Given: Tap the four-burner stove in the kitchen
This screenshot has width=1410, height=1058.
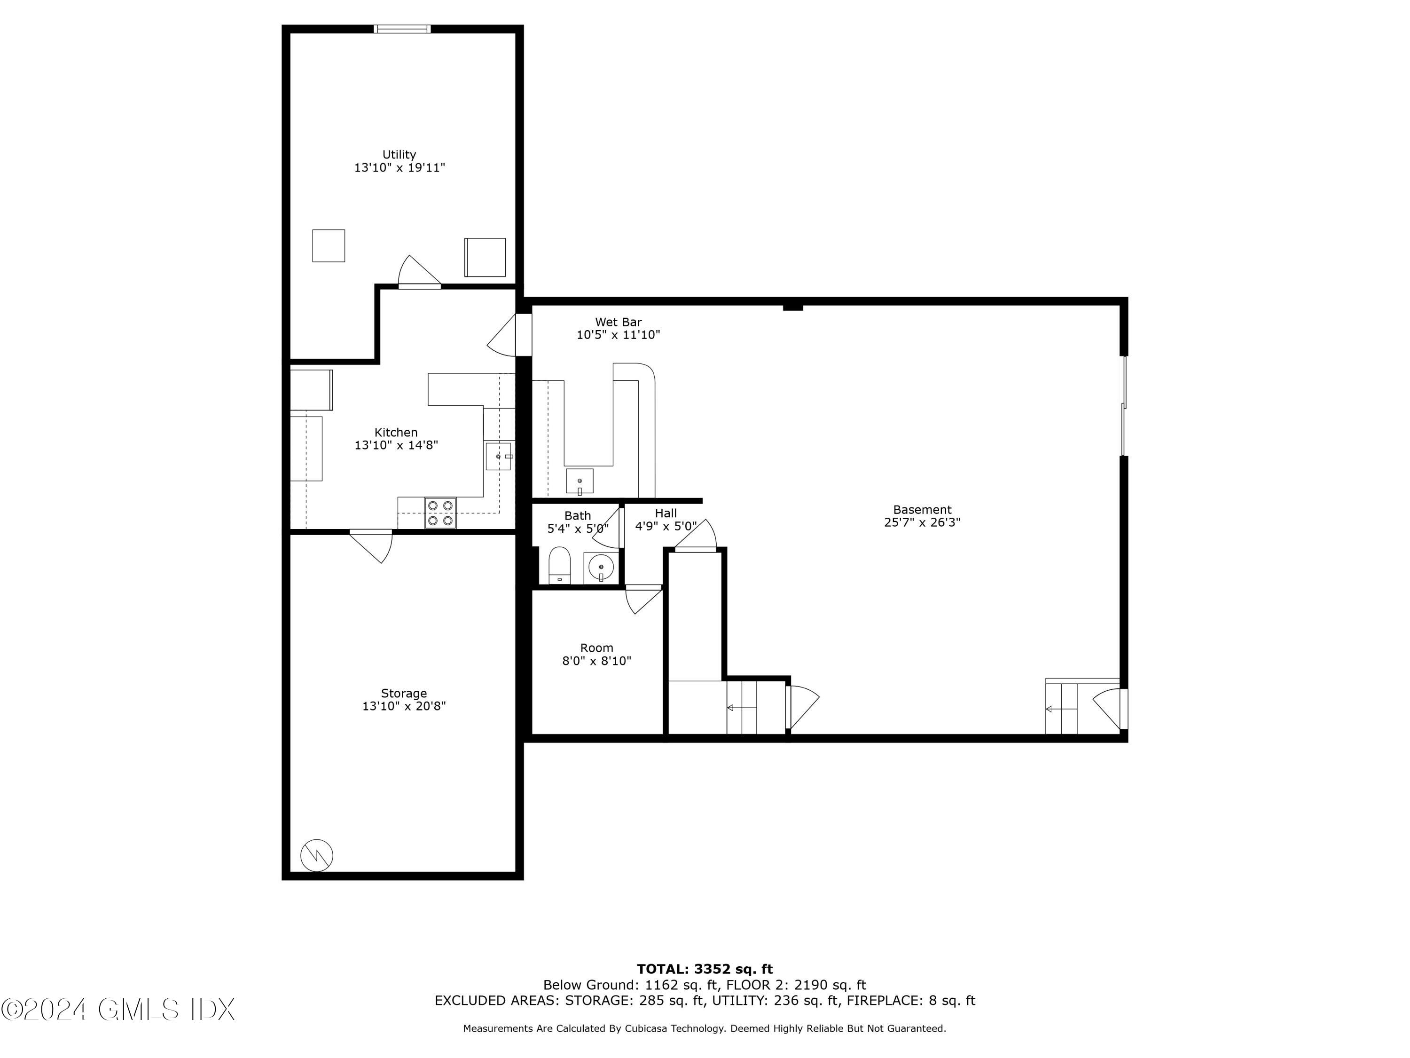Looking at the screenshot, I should [x=440, y=513].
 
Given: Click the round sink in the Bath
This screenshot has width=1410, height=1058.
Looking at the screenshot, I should [x=601, y=566].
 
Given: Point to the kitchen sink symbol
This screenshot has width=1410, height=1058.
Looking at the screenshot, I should [x=499, y=456].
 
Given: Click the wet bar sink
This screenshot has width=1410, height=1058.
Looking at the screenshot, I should [x=580, y=482].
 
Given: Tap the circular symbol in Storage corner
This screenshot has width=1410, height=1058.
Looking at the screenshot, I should [x=317, y=854].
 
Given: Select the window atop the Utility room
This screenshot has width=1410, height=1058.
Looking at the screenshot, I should [x=402, y=29].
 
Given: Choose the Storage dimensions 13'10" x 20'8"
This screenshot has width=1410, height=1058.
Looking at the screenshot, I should [x=404, y=706].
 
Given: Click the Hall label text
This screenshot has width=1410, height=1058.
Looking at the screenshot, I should [x=666, y=513].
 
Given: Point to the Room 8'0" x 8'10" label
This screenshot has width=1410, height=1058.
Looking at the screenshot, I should [x=596, y=655].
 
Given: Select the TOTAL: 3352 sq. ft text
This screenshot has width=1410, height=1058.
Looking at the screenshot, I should [x=705, y=969].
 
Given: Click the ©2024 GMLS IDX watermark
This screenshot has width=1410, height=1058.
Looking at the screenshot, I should [x=118, y=1010].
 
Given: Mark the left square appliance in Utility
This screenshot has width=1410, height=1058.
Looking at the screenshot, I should [x=328, y=245].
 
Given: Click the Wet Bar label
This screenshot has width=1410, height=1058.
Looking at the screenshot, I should [x=619, y=322].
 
